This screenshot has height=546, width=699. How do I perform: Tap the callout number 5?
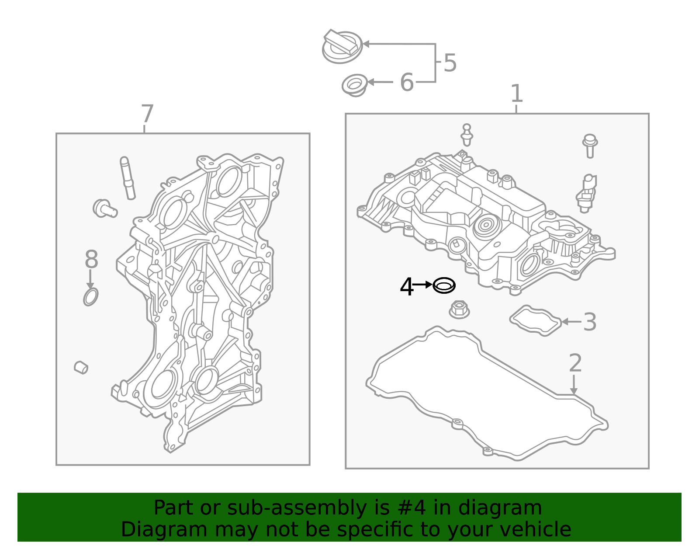point(450,63)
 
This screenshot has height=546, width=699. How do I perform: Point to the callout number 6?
point(407,82)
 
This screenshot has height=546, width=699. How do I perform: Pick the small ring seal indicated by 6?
point(354,85)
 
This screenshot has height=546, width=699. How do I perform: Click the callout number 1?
point(517,93)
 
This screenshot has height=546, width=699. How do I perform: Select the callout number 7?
point(147,114)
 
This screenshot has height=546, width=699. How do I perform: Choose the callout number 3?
point(590,322)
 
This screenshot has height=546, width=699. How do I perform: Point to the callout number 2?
point(575,362)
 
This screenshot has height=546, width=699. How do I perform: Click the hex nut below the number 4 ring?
point(459,310)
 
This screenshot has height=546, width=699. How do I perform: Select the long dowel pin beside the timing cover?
point(128,178)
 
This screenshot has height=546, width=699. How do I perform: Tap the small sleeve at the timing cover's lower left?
point(81,368)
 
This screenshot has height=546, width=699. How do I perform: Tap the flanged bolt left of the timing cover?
point(105,209)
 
